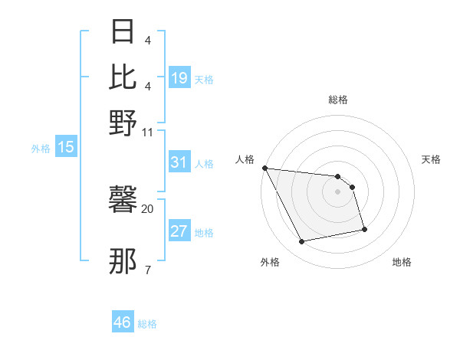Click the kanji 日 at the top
[x=123, y=32]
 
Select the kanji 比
[x=123, y=77]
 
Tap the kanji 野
[x=123, y=123]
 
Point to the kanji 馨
[x=123, y=201]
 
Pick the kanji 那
[x=123, y=262]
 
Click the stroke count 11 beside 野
[x=148, y=132]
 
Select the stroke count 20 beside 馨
[x=148, y=208]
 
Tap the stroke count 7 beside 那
[x=147, y=270]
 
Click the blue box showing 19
[x=179, y=78]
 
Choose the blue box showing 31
[x=179, y=162]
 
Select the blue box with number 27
[x=179, y=231]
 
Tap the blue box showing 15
[x=65, y=147]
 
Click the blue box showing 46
[x=123, y=322]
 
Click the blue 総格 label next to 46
[x=147, y=324]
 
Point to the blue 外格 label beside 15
[x=41, y=149]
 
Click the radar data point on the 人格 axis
[x=264, y=168]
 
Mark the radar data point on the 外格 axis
[x=302, y=242]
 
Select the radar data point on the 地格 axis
[x=364, y=229]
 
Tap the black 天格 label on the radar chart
[x=431, y=159]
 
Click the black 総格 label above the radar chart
[x=337, y=100]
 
